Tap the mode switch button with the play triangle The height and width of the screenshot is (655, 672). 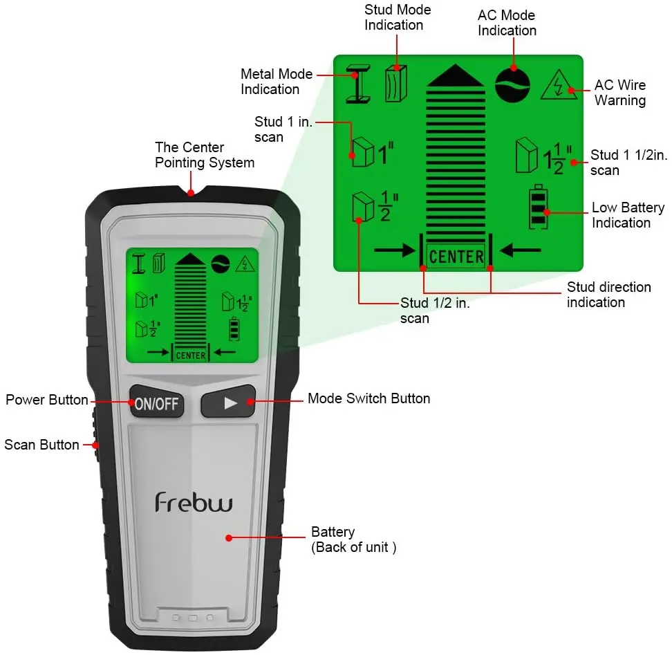point(228,402)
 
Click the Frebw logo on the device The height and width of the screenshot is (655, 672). point(194,502)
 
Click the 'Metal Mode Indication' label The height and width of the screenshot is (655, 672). point(277,82)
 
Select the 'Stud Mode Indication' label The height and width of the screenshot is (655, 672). point(398,17)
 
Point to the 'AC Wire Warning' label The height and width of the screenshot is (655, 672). point(619,93)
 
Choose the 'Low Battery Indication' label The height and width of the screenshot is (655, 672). point(628,215)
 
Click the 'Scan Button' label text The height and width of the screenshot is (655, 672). point(41,445)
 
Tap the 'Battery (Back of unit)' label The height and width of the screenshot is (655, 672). point(353,539)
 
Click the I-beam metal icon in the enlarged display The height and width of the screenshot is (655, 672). point(358,84)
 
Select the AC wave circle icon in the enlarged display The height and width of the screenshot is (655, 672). point(512,85)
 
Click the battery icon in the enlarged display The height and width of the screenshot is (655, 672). point(539,207)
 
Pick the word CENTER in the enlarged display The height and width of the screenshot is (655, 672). point(456,257)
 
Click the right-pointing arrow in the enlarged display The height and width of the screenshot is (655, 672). point(395,250)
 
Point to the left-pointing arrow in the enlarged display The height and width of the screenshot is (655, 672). point(520,250)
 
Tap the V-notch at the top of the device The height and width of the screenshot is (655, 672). point(191,191)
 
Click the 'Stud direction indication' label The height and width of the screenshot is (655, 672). point(608,295)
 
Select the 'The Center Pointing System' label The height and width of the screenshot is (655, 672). point(205,155)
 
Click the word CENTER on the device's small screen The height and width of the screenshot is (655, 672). point(191,356)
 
